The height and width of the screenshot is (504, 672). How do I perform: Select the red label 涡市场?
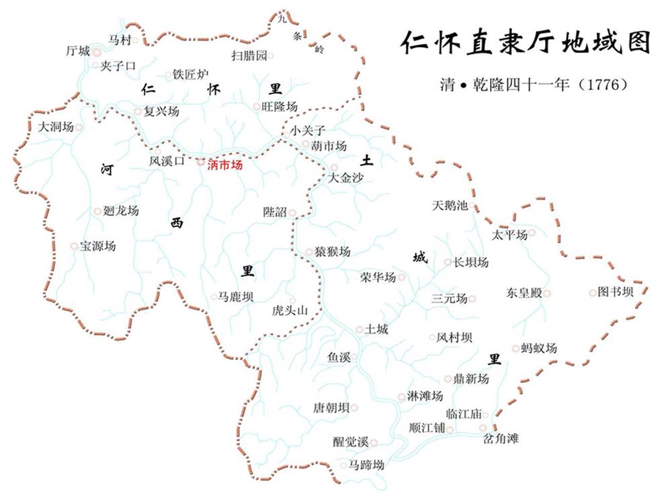224,164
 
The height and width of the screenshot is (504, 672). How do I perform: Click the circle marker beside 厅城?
97,51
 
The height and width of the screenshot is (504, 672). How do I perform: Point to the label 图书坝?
616,292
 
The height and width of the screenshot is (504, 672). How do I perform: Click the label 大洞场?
56,126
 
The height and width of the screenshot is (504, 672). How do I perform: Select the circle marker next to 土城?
359,329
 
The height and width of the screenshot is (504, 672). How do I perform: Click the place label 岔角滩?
501,439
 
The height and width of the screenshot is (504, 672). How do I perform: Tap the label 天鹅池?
450,206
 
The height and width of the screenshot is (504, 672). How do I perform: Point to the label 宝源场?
98,246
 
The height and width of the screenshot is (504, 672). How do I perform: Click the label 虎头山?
290,310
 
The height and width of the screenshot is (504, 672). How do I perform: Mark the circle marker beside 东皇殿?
547,293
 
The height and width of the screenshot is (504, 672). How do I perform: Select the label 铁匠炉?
191,75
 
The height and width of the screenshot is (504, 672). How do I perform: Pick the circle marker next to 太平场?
532,233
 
